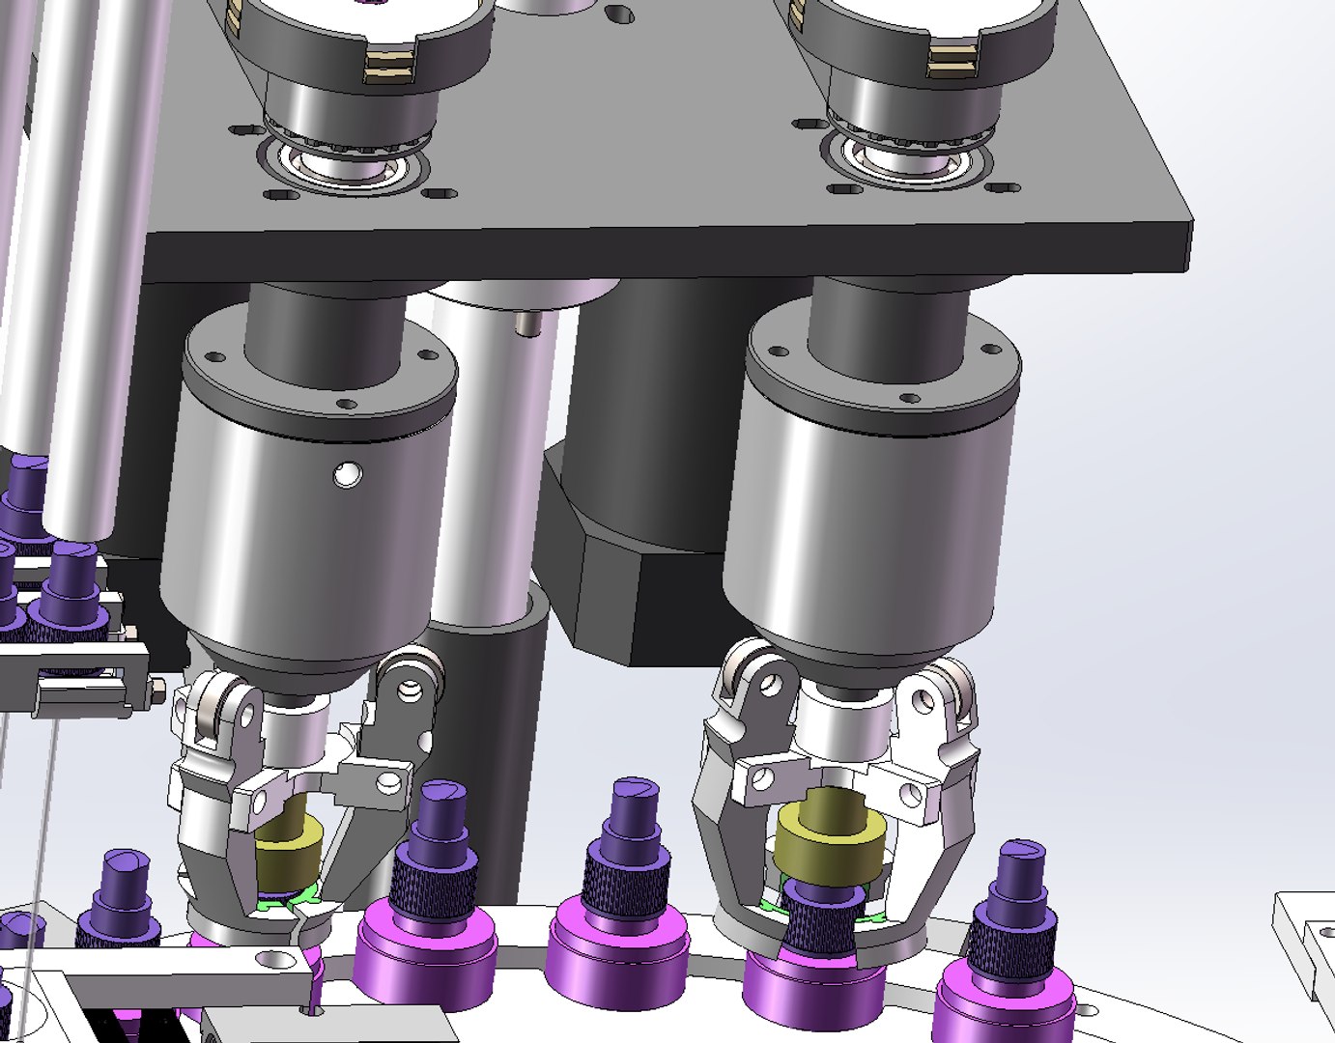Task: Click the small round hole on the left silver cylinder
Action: pyautogui.click(x=346, y=473)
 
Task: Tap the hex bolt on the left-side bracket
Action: pyautogui.click(x=155, y=691)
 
